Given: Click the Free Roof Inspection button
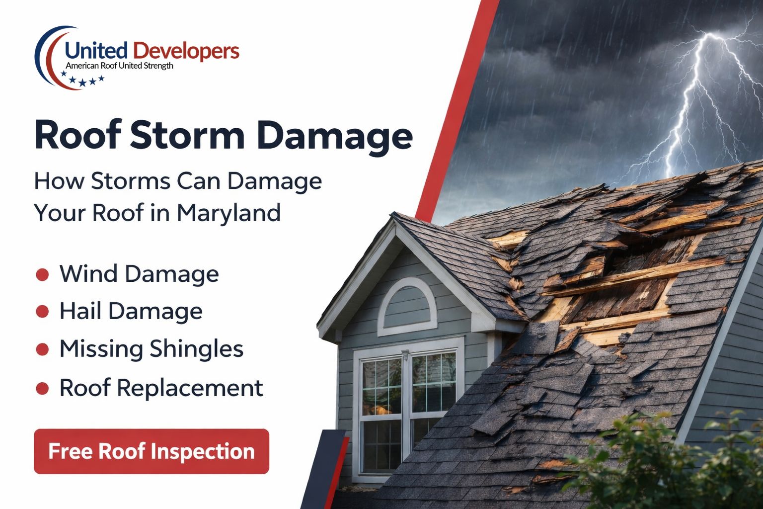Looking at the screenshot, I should [152, 451].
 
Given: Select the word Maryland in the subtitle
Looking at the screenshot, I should [229, 213].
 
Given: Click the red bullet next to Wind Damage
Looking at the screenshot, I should [42, 274].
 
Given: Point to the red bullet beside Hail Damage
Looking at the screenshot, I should [42, 312].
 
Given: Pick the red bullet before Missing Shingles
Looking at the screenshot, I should [42, 349].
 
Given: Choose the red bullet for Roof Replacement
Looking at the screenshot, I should [42, 388].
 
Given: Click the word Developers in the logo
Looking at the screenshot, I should [186, 51].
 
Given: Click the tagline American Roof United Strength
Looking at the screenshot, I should [119, 66].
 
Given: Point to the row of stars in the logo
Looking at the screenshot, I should [82, 79].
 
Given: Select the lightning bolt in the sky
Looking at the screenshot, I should [695, 99].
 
